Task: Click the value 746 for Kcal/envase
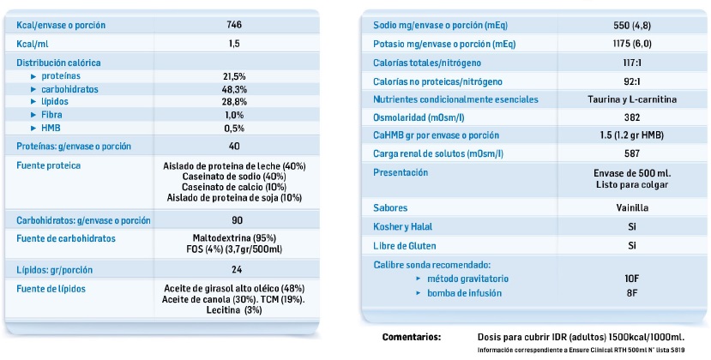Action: coord(234,25)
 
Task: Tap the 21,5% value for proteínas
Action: coord(234,76)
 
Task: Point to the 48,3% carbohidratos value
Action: coord(234,88)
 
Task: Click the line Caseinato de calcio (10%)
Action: coord(234,187)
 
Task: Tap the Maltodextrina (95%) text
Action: coord(234,237)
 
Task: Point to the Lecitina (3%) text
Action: coord(234,310)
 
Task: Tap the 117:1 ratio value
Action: coord(630,63)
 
